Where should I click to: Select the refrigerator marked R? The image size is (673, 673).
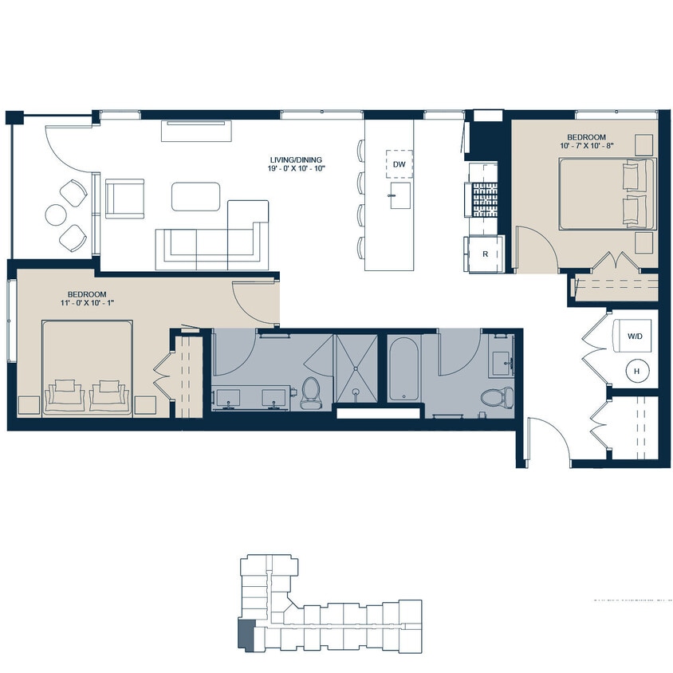pyautogui.click(x=485, y=254)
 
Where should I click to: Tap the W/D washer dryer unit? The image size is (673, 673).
pyautogui.click(x=634, y=336)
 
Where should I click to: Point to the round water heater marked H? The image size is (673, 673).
pyautogui.click(x=636, y=370)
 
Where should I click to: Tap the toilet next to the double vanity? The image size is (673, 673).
pyautogui.click(x=310, y=392)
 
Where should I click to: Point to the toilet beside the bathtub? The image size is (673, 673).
pyautogui.click(x=492, y=395)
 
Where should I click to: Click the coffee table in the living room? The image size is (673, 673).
pyautogui.click(x=195, y=196)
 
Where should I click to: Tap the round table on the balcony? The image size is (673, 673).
pyautogui.click(x=56, y=214)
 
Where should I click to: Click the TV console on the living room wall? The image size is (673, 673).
pyautogui.click(x=196, y=130)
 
